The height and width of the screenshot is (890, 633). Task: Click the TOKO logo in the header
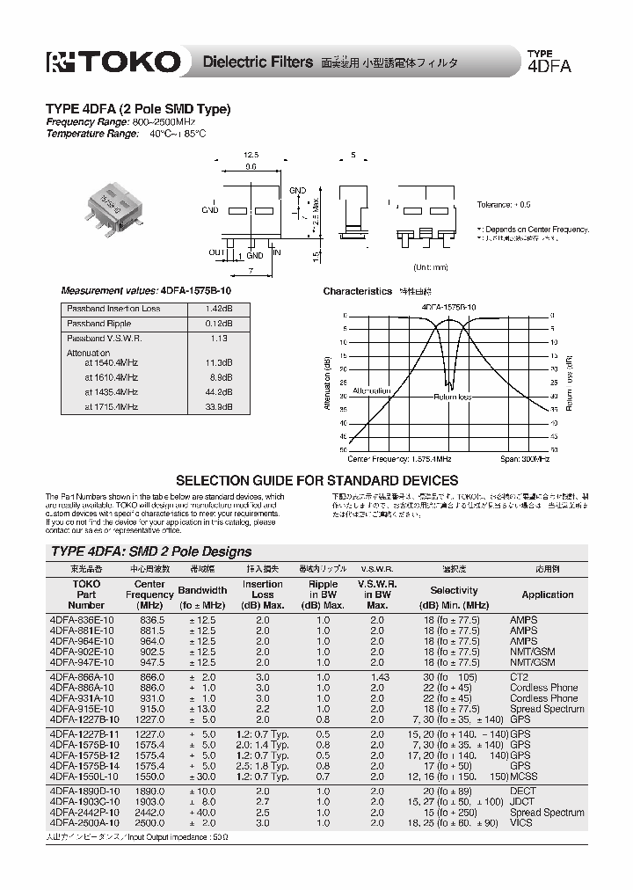pyautogui.click(x=113, y=62)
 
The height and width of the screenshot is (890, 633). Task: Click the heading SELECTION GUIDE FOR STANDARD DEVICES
pyautogui.click(x=317, y=480)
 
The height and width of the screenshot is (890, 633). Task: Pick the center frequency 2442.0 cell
pyautogui.click(x=150, y=813)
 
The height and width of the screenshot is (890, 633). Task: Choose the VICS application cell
pyautogui.click(x=522, y=823)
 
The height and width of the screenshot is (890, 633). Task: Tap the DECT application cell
pyautogui.click(x=523, y=792)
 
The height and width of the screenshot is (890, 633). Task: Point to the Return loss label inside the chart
pyautogui.click(x=453, y=398)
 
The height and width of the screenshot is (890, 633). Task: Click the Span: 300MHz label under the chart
pyautogui.click(x=525, y=459)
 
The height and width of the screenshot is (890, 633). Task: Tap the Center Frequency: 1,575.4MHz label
pyautogui.click(x=399, y=459)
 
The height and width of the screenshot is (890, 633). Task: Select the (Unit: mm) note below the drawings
pyautogui.click(x=431, y=266)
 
